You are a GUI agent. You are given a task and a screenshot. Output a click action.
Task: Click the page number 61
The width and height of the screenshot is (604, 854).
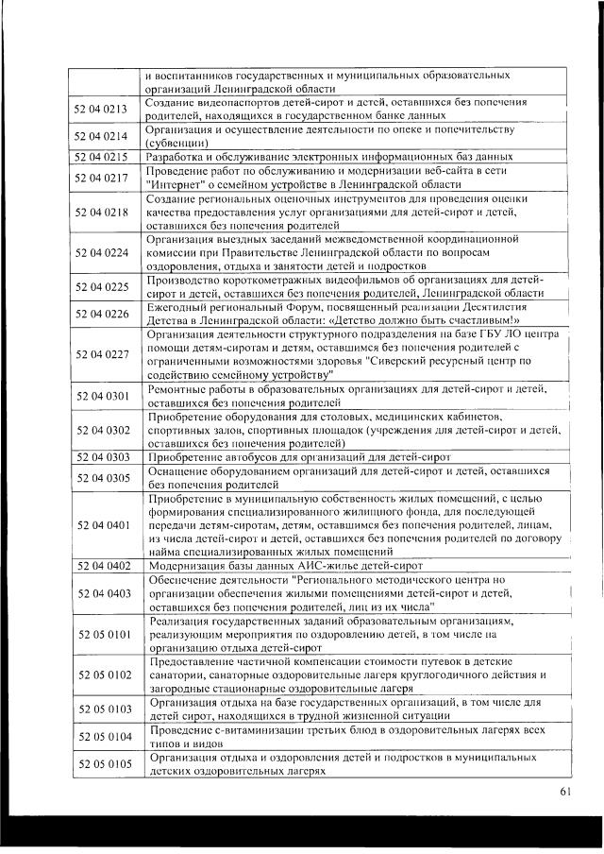(565, 792)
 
